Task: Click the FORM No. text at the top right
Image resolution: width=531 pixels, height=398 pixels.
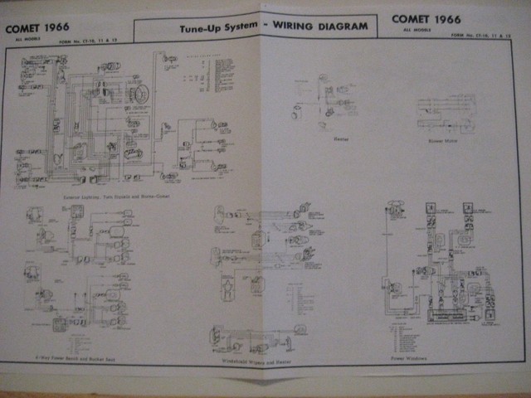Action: pyautogui.click(x=465, y=36)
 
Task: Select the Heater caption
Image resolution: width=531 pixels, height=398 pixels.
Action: pyautogui.click(x=316, y=140)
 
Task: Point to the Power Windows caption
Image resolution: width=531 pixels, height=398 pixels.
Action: pyautogui.click(x=407, y=358)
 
